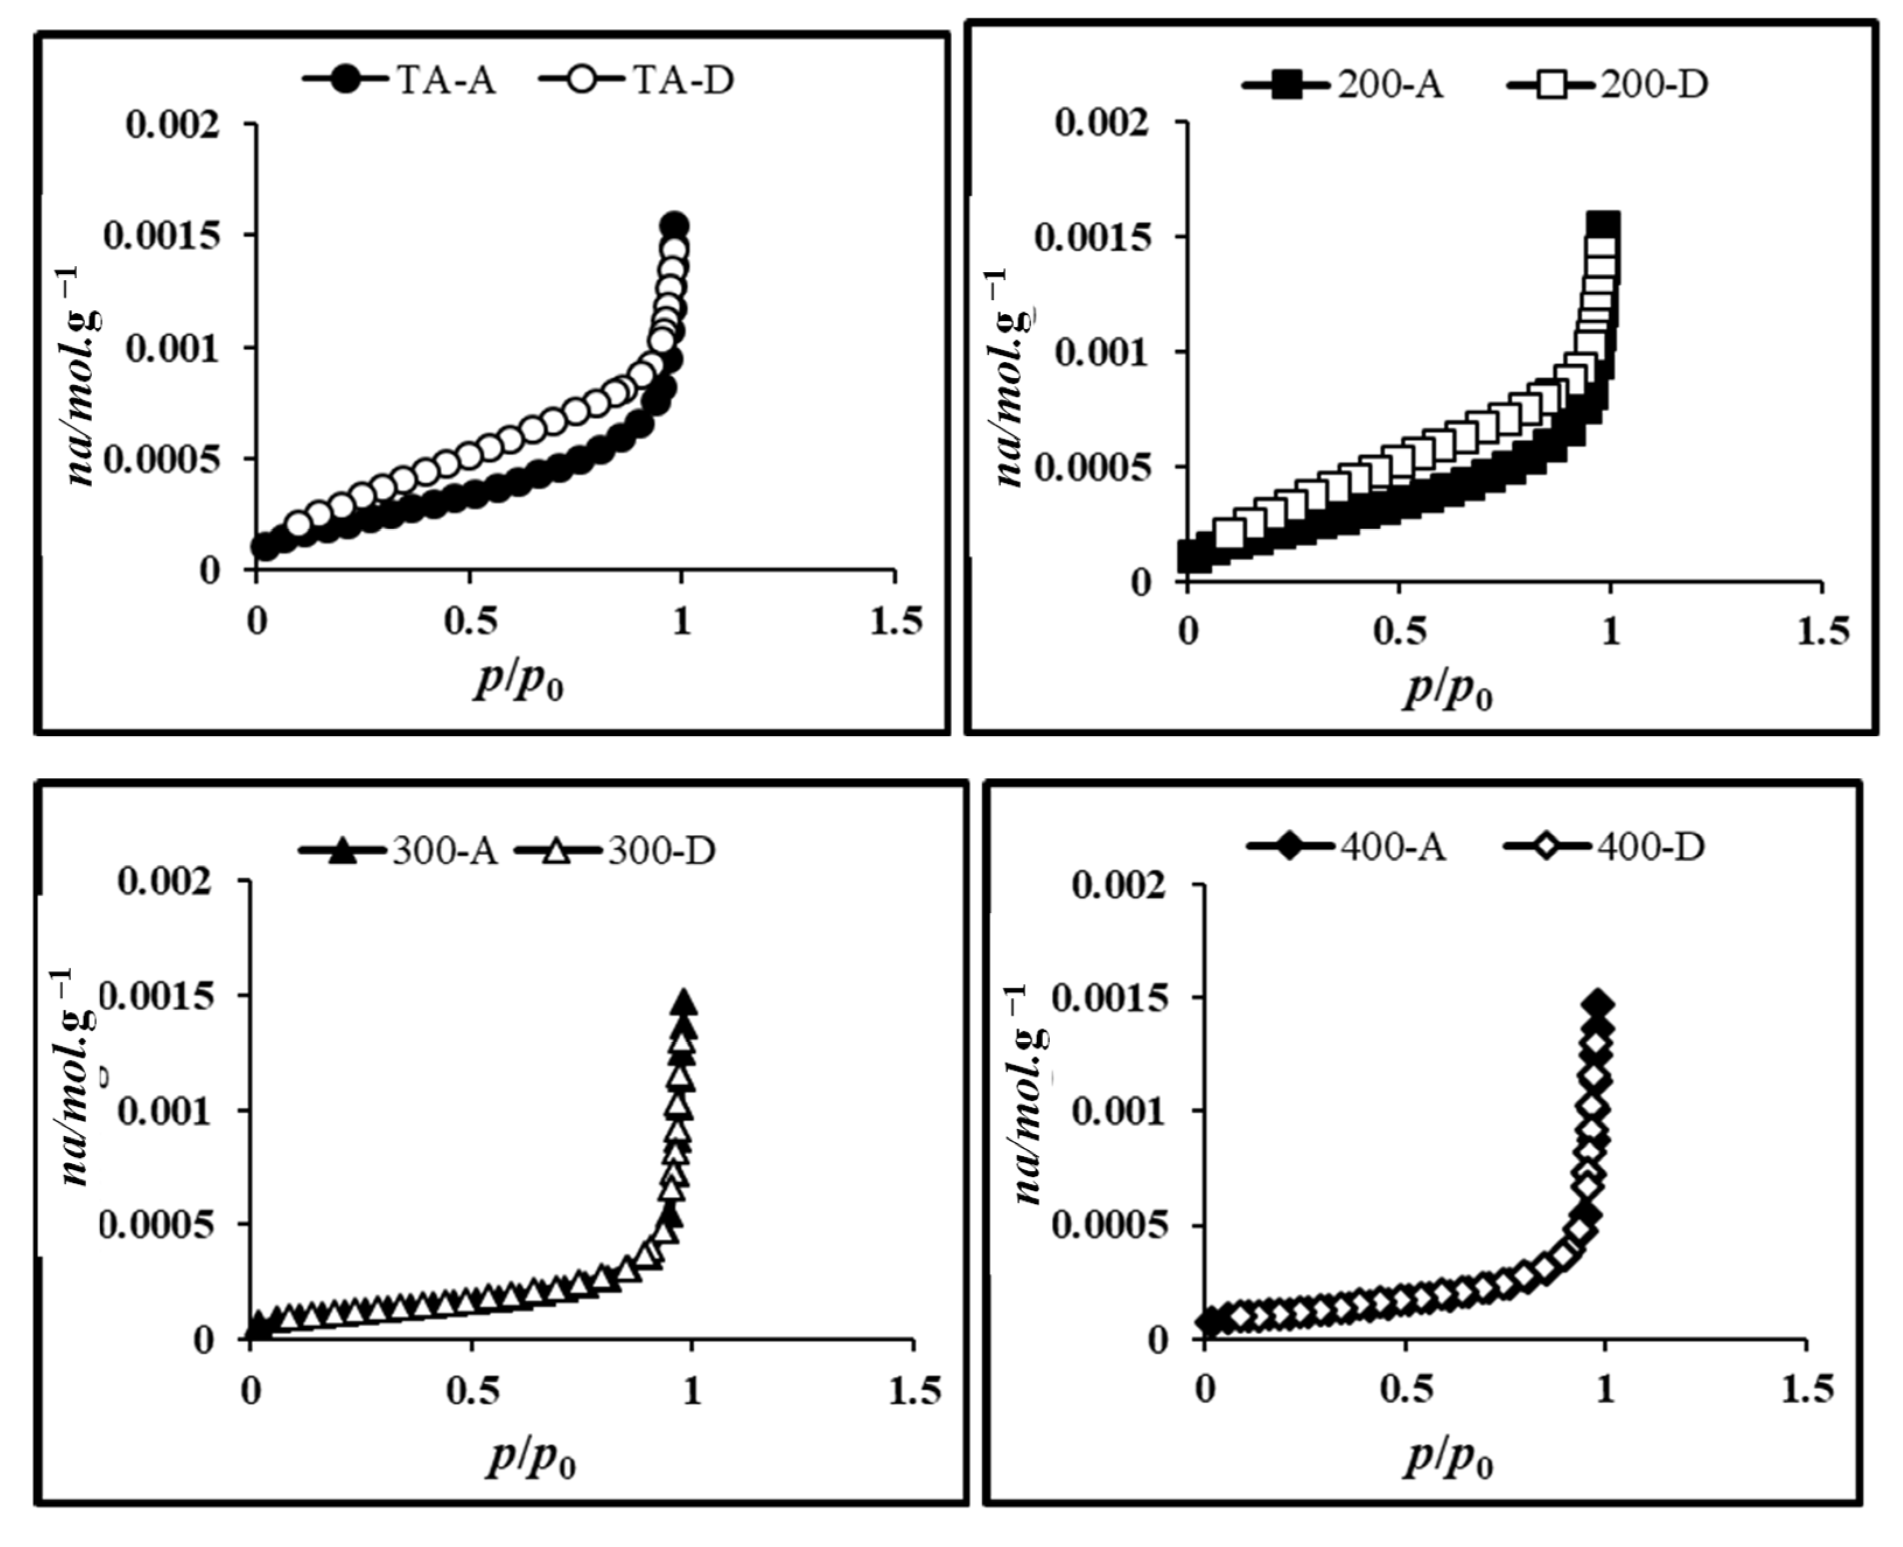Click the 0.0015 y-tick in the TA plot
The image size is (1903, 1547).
click(x=161, y=236)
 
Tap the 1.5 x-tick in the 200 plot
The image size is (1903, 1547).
click(x=1822, y=631)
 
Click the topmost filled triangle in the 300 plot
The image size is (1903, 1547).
click(x=684, y=1001)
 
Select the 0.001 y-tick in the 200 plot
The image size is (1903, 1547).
click(x=1101, y=352)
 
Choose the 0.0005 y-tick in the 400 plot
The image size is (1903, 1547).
click(x=1109, y=1226)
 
